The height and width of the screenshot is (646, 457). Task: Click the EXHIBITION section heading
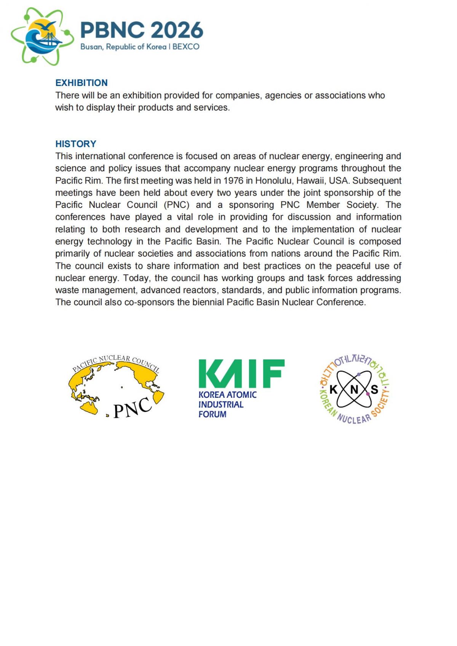pos(81,83)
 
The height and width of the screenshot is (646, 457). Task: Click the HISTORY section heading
pos(76,144)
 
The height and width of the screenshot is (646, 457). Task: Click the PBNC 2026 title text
pos(142,30)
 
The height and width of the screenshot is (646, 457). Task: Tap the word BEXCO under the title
pos(186,47)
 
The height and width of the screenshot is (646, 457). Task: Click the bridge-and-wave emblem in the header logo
pos(43,37)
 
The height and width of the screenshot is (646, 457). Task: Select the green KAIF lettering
pos(241,373)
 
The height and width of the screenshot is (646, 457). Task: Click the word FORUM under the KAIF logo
pos(212,414)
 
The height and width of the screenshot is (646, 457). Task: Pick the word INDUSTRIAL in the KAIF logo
pos(221,404)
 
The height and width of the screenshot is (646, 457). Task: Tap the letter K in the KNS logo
pos(333,389)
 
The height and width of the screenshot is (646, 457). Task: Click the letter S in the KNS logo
pos(374,389)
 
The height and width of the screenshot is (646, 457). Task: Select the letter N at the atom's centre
pos(354,389)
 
